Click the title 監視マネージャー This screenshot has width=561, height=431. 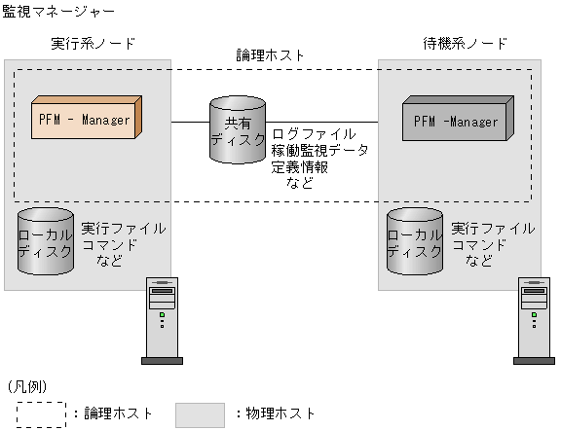click(x=58, y=11)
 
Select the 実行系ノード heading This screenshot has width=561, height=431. click(x=93, y=45)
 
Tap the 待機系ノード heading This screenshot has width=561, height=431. click(x=461, y=45)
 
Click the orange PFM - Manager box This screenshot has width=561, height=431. click(x=86, y=120)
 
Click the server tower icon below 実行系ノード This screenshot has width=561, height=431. click(x=162, y=320)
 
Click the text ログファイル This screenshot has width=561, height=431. click(x=314, y=133)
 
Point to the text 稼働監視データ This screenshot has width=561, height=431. click(x=320, y=150)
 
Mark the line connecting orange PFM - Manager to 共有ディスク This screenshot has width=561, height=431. click(x=192, y=122)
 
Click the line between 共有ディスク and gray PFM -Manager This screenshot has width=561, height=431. click(x=331, y=122)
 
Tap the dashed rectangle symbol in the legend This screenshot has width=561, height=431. click(x=40, y=413)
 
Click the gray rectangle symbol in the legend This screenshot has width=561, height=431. click(x=200, y=413)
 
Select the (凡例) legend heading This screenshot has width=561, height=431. click(x=27, y=386)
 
